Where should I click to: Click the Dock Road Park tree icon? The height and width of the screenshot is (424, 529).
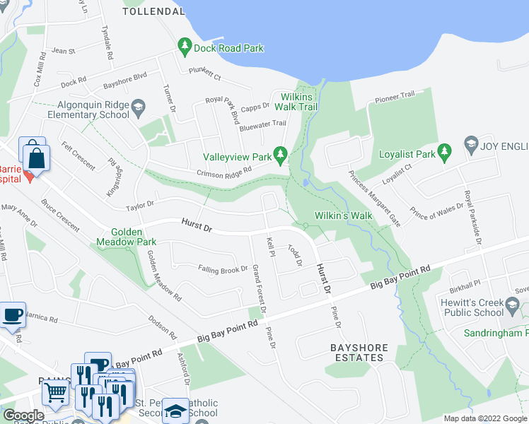click(185, 47)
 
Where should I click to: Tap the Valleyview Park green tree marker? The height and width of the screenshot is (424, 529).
click(281, 153)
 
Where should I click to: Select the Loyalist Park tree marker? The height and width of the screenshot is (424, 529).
click(444, 151)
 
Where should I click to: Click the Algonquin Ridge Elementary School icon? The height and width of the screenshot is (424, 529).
click(139, 108)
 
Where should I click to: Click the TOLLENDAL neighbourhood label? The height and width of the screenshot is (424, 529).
click(153, 11)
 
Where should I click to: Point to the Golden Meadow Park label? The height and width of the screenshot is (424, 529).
click(127, 237)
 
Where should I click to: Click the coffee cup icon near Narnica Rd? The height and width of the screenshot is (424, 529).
click(12, 315)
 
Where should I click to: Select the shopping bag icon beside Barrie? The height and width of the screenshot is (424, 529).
click(35, 156)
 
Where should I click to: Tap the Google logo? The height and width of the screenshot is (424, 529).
click(23, 416)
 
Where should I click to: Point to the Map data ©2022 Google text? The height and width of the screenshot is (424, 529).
click(484, 418)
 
